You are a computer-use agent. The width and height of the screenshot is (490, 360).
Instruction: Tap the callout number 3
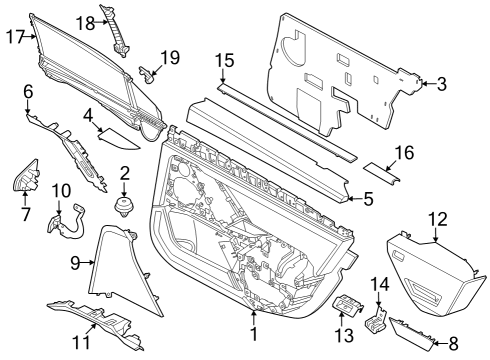point(441,84)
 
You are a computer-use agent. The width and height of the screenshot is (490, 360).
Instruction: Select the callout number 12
point(437,218)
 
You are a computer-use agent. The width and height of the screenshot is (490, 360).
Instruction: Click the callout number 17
point(14,37)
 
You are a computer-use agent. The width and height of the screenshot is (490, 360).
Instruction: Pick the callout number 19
point(169,57)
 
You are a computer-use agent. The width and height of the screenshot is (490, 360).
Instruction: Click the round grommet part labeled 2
point(126,205)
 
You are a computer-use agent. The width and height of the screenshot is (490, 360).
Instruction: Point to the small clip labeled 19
point(149,72)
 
